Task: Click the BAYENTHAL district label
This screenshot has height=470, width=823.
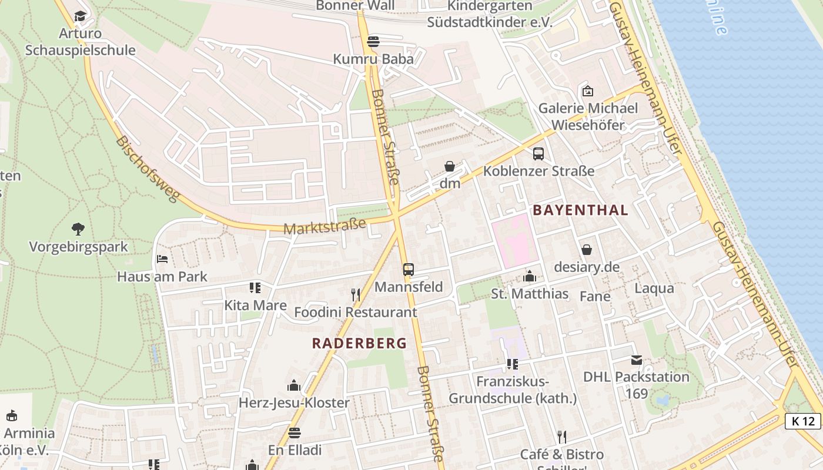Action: [580, 210]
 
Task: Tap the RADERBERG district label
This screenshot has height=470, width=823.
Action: [359, 343]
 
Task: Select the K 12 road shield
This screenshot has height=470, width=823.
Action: [803, 421]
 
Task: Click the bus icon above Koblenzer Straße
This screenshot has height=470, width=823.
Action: [538, 154]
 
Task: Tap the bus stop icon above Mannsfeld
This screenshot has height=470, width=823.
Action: [409, 270]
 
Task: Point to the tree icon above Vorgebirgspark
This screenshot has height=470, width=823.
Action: [78, 229]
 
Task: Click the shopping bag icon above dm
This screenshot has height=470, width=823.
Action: [450, 166]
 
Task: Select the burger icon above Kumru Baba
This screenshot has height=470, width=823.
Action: [373, 42]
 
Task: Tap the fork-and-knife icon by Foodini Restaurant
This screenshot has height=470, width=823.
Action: [355, 294]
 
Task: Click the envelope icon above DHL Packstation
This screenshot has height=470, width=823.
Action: [636, 360]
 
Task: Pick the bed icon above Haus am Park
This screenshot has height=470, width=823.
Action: [162, 258]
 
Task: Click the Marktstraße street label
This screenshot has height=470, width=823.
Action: [324, 226]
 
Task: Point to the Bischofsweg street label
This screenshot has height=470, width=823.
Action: [147, 169]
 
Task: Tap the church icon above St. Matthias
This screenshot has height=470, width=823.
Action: [529, 276]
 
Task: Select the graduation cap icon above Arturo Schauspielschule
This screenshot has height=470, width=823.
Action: [80, 16]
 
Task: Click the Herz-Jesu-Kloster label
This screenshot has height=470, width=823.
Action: [294, 403]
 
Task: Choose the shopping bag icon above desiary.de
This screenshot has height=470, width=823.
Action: [586, 250]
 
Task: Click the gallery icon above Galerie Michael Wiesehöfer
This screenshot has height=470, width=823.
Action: [587, 90]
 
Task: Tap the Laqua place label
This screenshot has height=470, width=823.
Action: [654, 288]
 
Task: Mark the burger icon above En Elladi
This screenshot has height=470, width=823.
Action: [294, 433]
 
